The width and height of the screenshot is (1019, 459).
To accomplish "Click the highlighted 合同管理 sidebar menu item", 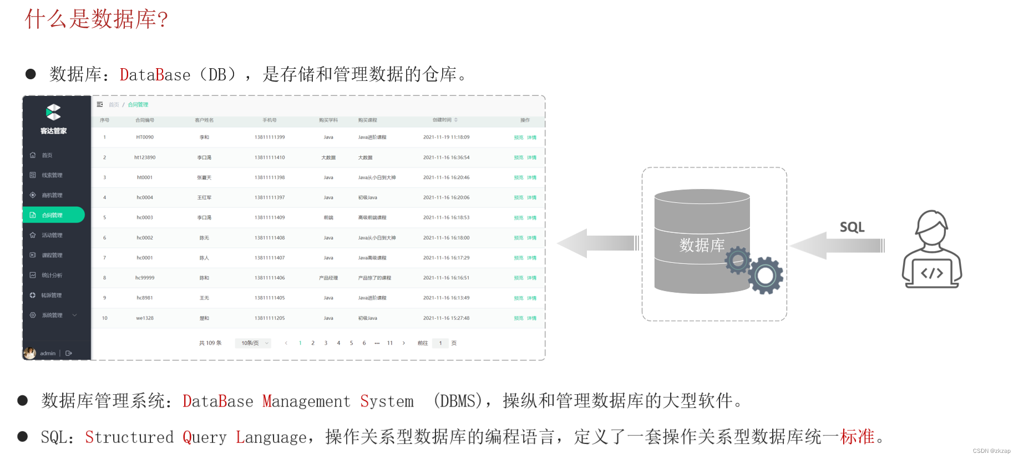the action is click(x=53, y=215).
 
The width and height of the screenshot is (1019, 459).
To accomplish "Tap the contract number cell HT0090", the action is click(x=145, y=137).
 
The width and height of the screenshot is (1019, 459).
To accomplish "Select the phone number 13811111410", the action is click(x=270, y=157).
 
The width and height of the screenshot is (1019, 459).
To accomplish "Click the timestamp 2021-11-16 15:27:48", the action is click(x=446, y=318).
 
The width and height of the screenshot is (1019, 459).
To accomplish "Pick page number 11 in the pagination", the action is click(x=390, y=343).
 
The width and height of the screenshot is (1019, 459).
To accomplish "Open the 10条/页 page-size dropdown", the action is click(x=253, y=343).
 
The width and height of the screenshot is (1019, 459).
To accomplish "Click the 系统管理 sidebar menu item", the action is click(x=52, y=315).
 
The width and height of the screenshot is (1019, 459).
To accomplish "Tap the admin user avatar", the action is click(x=30, y=353).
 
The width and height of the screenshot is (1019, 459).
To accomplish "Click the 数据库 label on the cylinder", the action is click(x=702, y=245).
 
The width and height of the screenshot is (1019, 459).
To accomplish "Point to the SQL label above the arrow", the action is click(x=852, y=227).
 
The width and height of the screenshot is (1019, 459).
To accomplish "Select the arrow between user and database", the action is click(x=838, y=246).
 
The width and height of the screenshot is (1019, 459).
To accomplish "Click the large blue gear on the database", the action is click(x=765, y=275).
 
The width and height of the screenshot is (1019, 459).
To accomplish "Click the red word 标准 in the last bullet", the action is click(x=857, y=437).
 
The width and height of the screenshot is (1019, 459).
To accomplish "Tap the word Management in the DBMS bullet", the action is click(x=306, y=401).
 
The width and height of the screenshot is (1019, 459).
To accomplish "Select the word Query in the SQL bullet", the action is click(x=205, y=437).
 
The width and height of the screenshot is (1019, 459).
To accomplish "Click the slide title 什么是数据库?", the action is click(x=97, y=19).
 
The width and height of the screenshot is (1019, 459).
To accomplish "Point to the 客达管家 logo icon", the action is click(x=53, y=113).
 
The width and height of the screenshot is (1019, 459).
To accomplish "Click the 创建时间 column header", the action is click(x=443, y=120).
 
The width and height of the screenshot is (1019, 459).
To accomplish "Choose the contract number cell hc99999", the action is click(x=145, y=278).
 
